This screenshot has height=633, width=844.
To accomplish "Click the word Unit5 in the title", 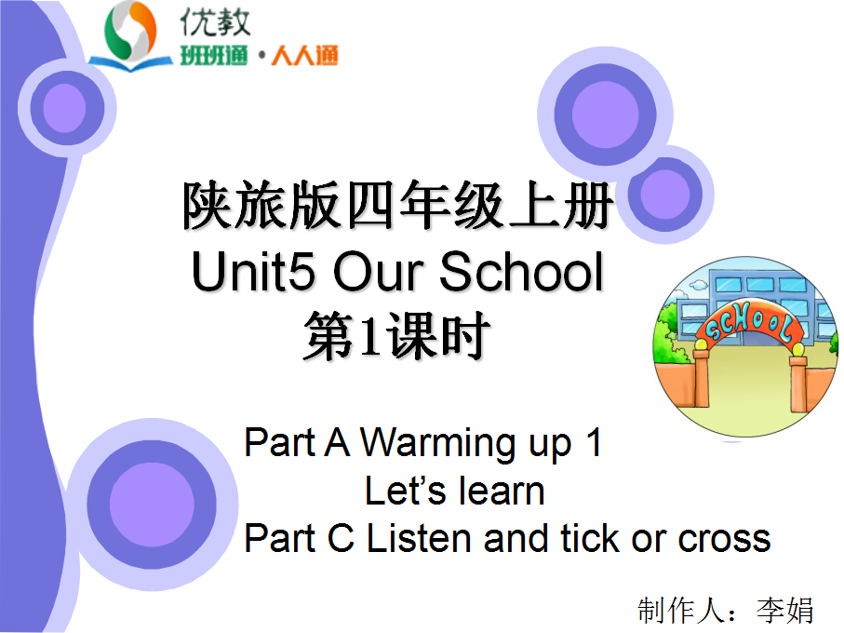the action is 253,272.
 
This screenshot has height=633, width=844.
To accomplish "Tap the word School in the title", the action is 521,272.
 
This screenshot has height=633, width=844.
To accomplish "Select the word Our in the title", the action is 378,272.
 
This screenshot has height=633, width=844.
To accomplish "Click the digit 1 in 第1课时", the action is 370,336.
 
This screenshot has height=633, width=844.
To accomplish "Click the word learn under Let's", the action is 501,491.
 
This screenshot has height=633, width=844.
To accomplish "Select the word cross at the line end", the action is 724,539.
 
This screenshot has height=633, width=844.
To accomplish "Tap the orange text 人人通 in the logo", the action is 304,56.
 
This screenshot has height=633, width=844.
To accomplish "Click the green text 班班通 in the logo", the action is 214,56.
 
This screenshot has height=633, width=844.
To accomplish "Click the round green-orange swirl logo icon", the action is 130,33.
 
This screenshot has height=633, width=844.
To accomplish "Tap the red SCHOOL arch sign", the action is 748,322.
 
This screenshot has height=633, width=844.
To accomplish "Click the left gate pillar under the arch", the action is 701,378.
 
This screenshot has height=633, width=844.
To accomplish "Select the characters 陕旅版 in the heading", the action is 262,205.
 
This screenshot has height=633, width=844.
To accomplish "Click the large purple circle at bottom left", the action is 153,505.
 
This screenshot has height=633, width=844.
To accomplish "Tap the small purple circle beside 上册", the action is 666,194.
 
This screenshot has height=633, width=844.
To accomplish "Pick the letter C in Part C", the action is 341,538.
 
